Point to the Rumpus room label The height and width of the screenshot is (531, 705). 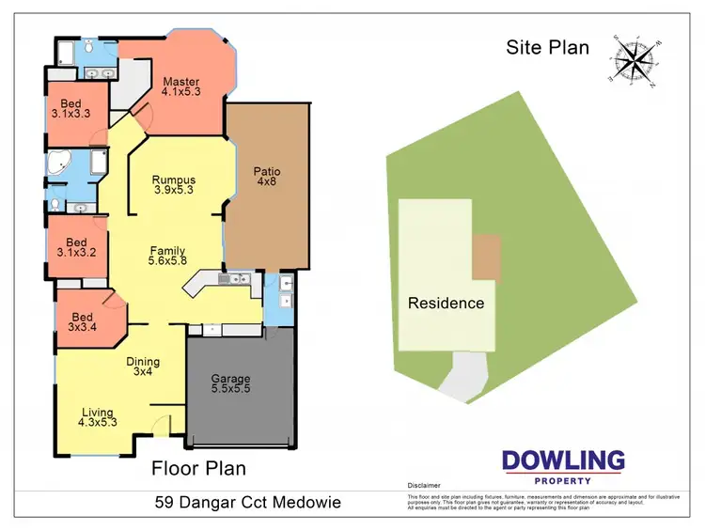[x=174, y=185]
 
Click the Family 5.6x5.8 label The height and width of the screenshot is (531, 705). [x=168, y=257]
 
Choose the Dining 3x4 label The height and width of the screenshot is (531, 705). [x=144, y=367]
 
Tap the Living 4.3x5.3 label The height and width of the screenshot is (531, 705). [x=98, y=417]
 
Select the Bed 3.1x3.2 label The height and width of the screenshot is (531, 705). [x=77, y=246]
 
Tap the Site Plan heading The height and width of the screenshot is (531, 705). [x=548, y=47]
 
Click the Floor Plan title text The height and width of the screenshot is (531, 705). [x=198, y=467]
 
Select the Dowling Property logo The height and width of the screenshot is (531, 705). [x=563, y=465]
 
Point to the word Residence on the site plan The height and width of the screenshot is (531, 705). [x=446, y=304]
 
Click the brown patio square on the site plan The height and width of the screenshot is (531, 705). [x=486, y=257]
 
